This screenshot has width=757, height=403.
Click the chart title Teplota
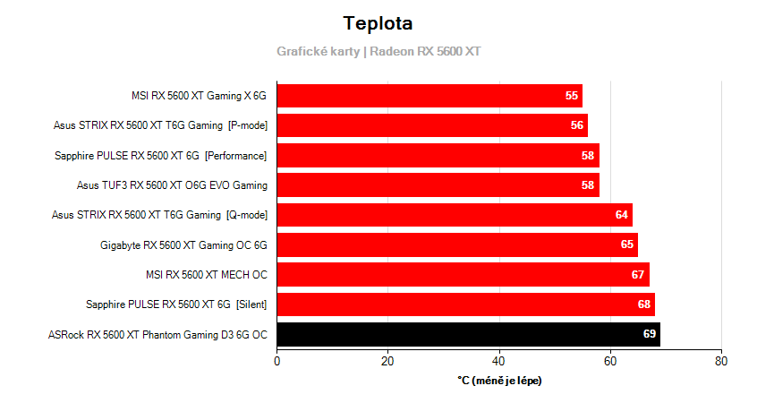(x=378, y=22)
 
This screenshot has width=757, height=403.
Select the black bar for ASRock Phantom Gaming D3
(x=468, y=335)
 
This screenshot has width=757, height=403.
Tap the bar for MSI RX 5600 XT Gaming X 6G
(x=430, y=96)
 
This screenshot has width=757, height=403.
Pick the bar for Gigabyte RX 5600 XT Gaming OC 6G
(x=456, y=244)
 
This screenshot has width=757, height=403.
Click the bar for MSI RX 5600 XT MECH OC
(x=463, y=274)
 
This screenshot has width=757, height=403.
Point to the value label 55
(x=572, y=96)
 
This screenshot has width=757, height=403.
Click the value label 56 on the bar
(x=577, y=125)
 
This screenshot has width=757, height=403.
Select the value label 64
(x=622, y=215)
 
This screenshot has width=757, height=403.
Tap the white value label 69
(x=650, y=335)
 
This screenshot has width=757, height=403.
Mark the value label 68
(x=644, y=304)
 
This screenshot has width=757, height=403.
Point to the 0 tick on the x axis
(x=277, y=362)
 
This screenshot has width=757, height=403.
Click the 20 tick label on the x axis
(x=387, y=362)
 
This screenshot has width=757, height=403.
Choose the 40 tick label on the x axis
(x=499, y=362)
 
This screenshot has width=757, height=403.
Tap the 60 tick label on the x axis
(x=610, y=362)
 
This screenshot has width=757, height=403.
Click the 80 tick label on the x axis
(x=721, y=362)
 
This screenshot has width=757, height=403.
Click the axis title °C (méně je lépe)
(x=499, y=381)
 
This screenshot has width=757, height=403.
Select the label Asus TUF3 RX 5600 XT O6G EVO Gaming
(x=172, y=185)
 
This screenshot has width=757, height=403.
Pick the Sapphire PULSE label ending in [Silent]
(x=176, y=304)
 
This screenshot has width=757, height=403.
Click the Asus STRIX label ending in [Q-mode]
(x=159, y=215)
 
